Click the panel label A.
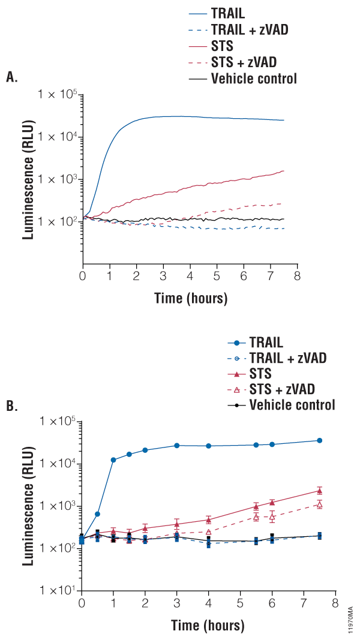point(11,77)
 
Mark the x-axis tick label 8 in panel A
point(297,276)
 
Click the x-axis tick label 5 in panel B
point(241,603)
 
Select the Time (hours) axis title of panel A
point(190,297)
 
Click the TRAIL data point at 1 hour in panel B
point(113,460)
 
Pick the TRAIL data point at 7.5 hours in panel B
point(320,441)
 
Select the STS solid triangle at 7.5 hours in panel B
point(320,491)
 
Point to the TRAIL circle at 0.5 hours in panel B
point(97,514)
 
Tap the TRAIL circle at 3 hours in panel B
point(177,446)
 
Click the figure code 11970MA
point(350,617)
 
